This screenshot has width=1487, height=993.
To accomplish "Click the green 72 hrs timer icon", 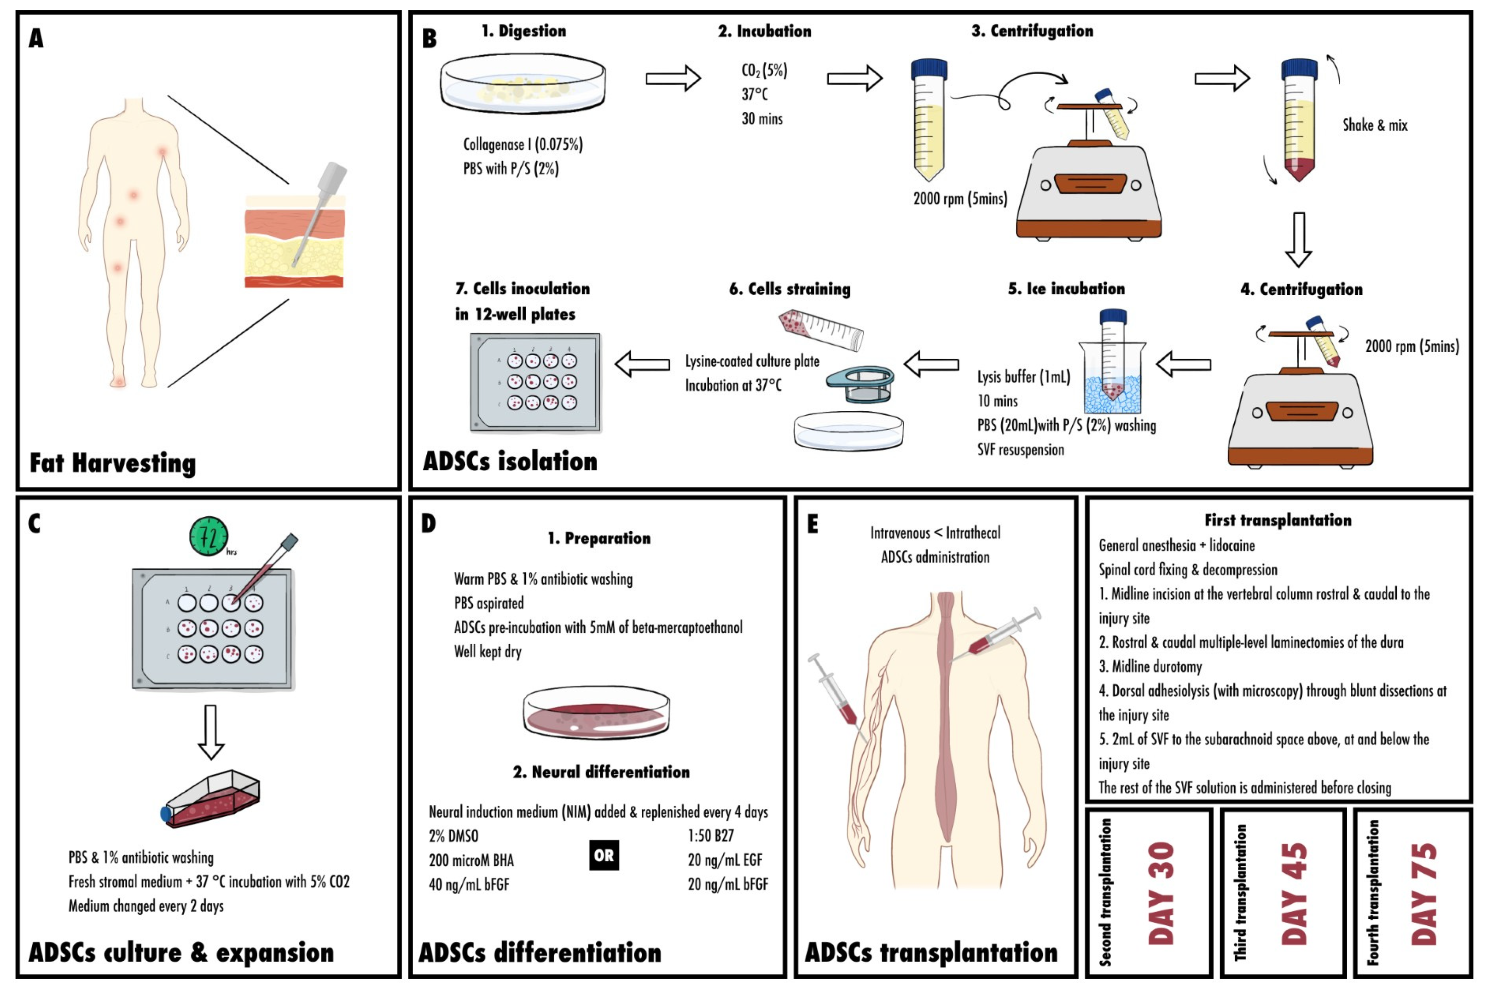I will (x=208, y=537).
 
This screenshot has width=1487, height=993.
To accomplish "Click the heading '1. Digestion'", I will (x=523, y=31).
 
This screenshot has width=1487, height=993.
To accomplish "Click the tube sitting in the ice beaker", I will (x=1112, y=355).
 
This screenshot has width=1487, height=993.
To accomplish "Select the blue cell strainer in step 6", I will (x=860, y=384).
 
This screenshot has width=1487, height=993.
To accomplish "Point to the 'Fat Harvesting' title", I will (x=113, y=463).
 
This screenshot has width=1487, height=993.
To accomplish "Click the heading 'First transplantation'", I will (x=1278, y=520).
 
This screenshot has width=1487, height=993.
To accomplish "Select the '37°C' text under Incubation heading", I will (x=754, y=94).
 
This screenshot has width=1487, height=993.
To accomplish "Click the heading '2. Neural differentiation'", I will (x=601, y=772).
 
